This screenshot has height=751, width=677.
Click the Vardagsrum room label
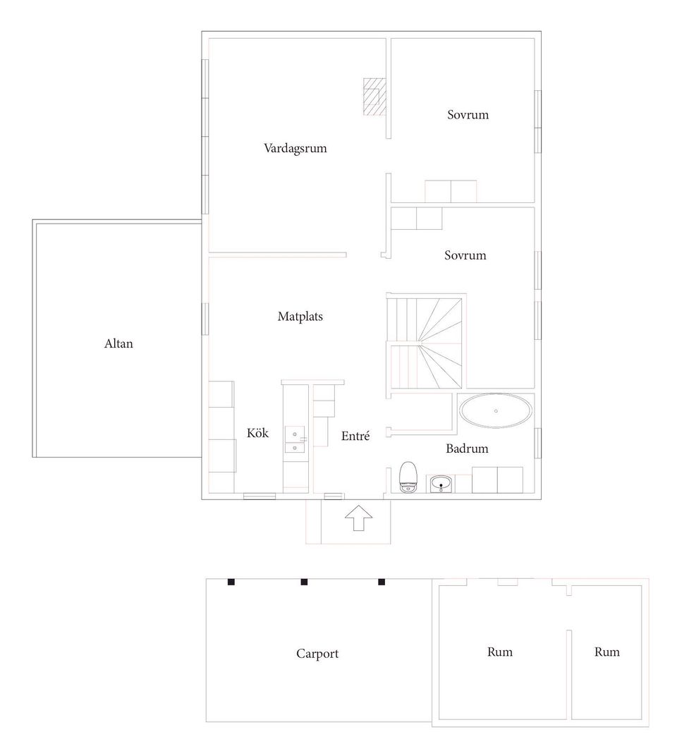point(295,148)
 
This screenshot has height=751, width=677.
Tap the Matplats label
point(300,317)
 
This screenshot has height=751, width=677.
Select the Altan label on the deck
point(118,343)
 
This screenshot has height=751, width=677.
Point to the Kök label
point(258,433)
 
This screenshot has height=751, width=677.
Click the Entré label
point(355,436)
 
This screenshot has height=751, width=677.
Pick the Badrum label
point(467,448)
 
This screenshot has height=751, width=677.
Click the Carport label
point(317,654)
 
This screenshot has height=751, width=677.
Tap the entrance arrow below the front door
point(358,519)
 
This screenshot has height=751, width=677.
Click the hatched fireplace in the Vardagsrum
point(374,97)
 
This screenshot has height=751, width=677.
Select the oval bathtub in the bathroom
point(496,411)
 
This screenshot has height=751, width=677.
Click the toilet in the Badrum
point(408,477)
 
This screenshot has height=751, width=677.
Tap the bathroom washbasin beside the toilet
point(440,484)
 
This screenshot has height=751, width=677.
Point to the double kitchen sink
point(295,440)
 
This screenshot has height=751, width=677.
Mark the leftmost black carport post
point(231,582)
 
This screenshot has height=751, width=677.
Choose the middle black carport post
point(304,582)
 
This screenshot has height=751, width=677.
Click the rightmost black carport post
point(382,582)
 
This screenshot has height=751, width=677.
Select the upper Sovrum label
point(468,114)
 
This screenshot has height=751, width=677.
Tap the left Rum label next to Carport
point(500,652)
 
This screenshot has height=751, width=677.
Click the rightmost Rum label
point(606,652)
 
